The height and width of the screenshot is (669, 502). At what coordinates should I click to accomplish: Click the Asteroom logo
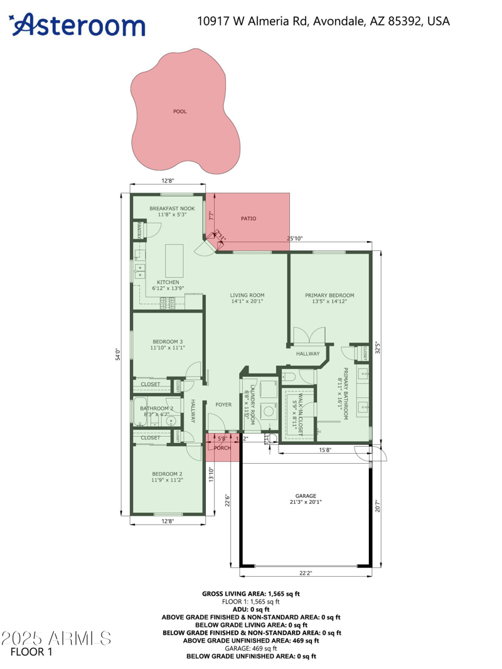point(78,25)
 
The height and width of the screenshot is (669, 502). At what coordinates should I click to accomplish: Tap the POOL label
point(180,112)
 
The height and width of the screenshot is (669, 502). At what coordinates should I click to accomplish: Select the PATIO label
point(248,218)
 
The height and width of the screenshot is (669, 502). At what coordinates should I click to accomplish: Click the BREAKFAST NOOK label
point(172,208)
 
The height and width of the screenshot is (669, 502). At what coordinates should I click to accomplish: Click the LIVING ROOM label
point(247,295)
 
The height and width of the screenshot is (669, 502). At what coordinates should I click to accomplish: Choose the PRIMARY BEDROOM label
point(329,295)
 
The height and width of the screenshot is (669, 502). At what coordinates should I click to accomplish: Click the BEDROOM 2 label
point(168,474)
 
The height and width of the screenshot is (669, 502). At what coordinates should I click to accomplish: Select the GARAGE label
point(306,496)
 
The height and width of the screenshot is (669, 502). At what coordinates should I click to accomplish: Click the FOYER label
point(223,405)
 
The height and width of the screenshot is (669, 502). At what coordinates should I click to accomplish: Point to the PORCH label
point(222,447)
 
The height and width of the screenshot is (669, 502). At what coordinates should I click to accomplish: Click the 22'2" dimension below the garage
point(306,572)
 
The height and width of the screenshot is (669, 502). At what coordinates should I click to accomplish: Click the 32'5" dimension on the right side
point(376,347)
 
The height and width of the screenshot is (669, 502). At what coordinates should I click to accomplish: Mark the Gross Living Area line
point(251,593)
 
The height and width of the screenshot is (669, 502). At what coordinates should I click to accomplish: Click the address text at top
point(323,21)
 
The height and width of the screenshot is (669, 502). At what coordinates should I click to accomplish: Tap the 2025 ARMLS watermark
point(56,639)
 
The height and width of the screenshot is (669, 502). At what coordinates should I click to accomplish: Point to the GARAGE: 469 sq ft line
point(251,648)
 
